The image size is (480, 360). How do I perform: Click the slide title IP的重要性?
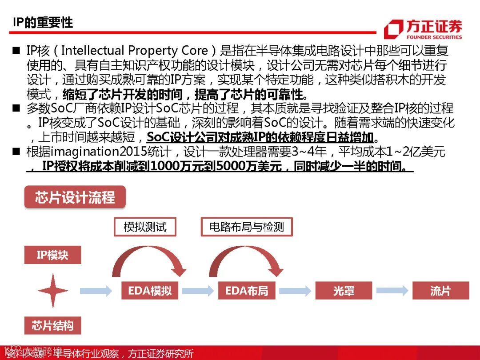point(43,23)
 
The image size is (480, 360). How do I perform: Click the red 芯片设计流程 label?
point(75,197)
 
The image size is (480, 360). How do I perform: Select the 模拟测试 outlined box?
point(145,227)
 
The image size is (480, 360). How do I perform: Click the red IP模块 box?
point(52,256)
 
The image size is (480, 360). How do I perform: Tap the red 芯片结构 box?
point(52,326)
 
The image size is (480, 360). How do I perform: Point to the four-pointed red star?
point(53,291)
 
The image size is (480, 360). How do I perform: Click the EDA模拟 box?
point(150,291)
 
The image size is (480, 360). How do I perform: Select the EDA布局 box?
point(247,291)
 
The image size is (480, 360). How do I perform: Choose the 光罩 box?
point(344,291)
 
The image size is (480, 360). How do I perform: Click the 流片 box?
point(440,291)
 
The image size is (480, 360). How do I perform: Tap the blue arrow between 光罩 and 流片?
point(392,291)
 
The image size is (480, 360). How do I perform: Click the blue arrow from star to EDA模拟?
point(96,291)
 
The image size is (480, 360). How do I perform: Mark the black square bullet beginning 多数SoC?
point(16,108)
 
